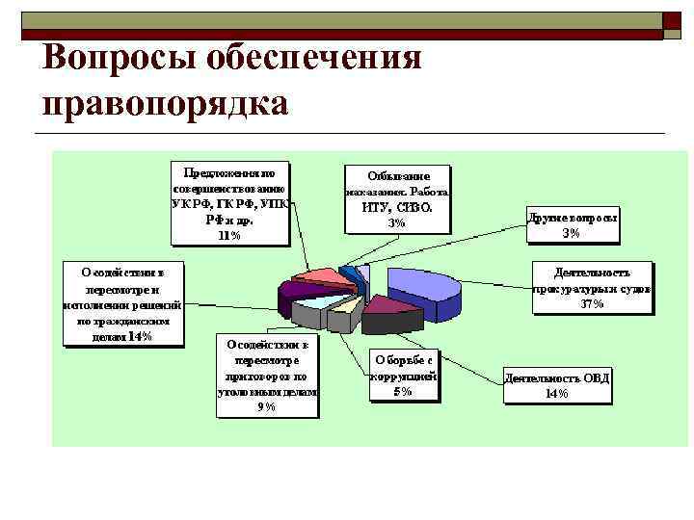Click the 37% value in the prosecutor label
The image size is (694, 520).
(592, 304)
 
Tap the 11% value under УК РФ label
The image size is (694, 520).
(229, 235)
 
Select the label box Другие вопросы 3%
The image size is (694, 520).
(573, 224)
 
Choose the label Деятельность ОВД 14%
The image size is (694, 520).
(557, 385)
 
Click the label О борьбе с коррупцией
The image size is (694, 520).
(403, 371)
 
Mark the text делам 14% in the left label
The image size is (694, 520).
(120, 336)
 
